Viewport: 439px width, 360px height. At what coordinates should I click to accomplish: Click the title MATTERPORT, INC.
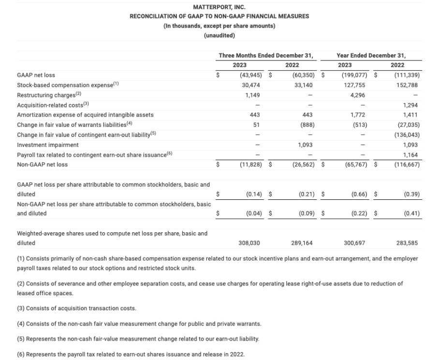[219, 8]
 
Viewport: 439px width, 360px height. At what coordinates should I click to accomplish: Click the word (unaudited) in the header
[219, 35]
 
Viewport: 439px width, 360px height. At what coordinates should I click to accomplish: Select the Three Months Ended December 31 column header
[265, 55]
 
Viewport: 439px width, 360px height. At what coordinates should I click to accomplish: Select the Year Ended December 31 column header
[371, 55]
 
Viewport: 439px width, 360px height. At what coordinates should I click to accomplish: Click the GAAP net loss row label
[36, 75]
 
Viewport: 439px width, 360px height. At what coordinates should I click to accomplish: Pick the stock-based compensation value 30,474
[253, 85]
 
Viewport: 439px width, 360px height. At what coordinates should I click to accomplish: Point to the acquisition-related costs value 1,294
[410, 105]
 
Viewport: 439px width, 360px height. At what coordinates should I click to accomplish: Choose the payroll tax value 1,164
[410, 154]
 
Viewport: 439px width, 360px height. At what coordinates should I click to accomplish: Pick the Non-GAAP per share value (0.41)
[411, 213]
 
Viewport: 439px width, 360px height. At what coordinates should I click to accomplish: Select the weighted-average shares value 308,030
[250, 243]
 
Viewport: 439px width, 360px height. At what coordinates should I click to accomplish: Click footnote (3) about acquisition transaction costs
[76, 308]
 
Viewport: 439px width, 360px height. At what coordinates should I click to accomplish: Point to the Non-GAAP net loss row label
[43, 165]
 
